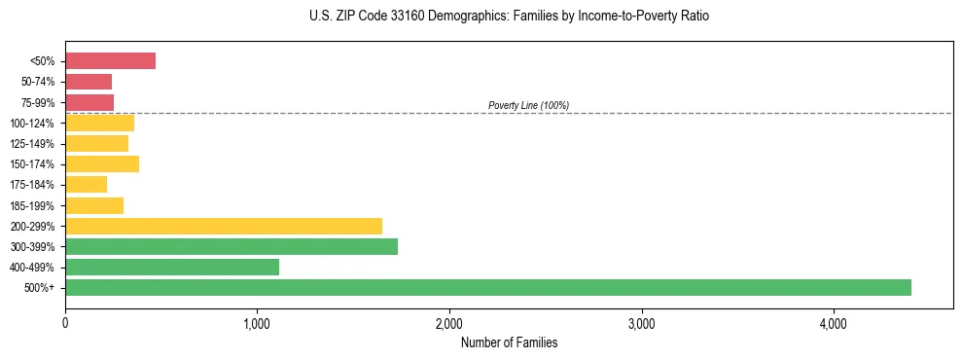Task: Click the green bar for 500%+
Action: [x=487, y=287]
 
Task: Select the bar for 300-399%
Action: [x=232, y=246]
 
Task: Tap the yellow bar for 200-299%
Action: [x=224, y=226]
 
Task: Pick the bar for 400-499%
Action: [x=172, y=267]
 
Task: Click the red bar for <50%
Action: [x=110, y=61]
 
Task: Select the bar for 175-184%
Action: [x=86, y=185]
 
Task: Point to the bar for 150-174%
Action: [x=102, y=163]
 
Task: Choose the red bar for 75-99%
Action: [x=89, y=102]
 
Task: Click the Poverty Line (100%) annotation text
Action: [x=528, y=105]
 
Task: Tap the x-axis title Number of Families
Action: [x=509, y=342]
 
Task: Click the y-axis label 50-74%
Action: [x=39, y=82]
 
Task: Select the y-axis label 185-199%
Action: [x=35, y=205]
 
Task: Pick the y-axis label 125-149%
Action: [x=35, y=144]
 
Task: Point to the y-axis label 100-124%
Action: [x=35, y=123]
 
